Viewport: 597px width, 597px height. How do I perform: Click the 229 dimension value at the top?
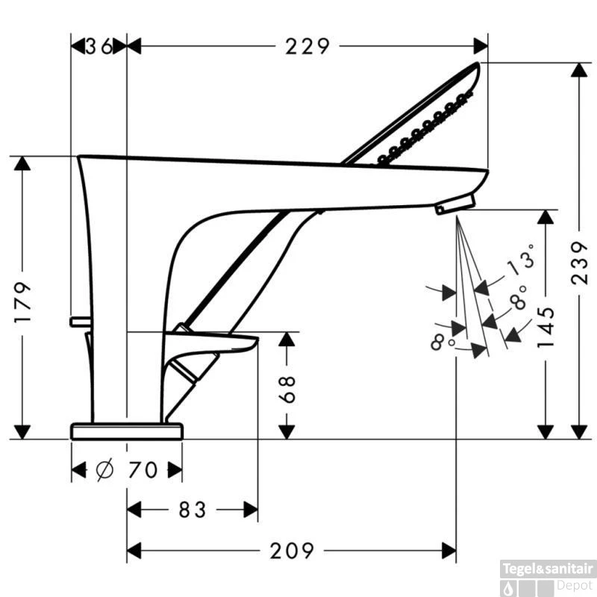(307, 46)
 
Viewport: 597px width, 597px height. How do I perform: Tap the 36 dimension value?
(99, 46)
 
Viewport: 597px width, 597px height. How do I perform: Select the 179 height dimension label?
(22, 303)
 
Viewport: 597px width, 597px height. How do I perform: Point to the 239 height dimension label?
(580, 263)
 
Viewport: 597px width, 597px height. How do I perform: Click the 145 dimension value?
(546, 328)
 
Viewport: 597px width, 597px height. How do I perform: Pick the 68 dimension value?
(287, 390)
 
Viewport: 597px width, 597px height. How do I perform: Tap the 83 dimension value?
(193, 510)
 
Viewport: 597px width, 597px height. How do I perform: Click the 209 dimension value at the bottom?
(292, 551)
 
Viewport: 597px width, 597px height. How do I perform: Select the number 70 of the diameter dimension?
(143, 470)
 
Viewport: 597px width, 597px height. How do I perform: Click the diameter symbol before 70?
(104, 470)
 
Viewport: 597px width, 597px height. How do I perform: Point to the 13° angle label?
(521, 260)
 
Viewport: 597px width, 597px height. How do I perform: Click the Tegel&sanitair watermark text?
(548, 569)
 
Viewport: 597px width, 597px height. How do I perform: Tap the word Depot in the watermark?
(575, 585)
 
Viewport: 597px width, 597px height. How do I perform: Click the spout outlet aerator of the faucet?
(455, 204)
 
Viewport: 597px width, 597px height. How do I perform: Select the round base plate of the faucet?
(127, 431)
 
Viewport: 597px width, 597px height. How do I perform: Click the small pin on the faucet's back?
(81, 322)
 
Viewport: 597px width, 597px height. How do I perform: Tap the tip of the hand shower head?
(478, 64)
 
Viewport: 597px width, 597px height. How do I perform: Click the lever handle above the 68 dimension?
(210, 342)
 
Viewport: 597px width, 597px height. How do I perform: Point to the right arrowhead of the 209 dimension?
(449, 551)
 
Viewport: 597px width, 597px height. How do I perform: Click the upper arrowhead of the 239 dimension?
(580, 69)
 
